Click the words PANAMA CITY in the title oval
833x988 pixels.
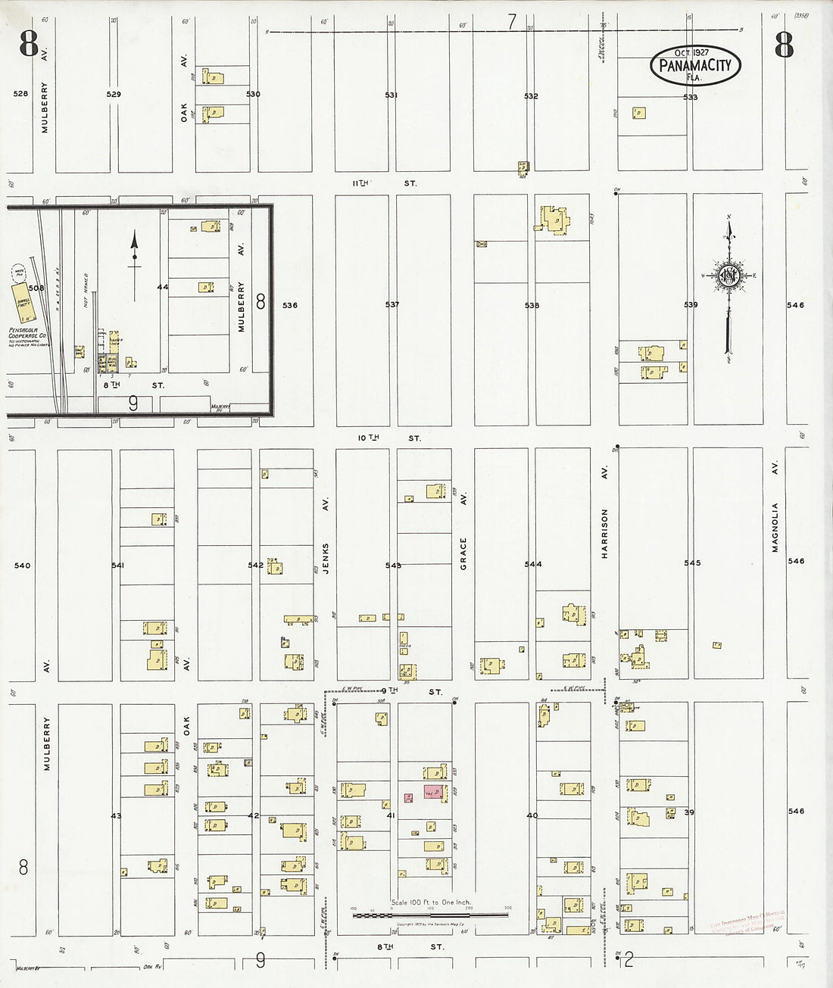pos(695,65)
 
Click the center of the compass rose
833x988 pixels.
pos(728,276)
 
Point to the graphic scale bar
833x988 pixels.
pos(430,915)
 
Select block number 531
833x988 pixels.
pos(391,95)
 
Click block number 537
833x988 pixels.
pos(392,304)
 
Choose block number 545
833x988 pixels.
pos(692,563)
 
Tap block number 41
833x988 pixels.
pos(391,816)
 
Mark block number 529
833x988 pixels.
pos(114,94)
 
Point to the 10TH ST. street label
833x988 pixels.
pos(389,438)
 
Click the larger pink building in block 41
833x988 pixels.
pos(432,791)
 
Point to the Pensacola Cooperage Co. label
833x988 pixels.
pos(29,336)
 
